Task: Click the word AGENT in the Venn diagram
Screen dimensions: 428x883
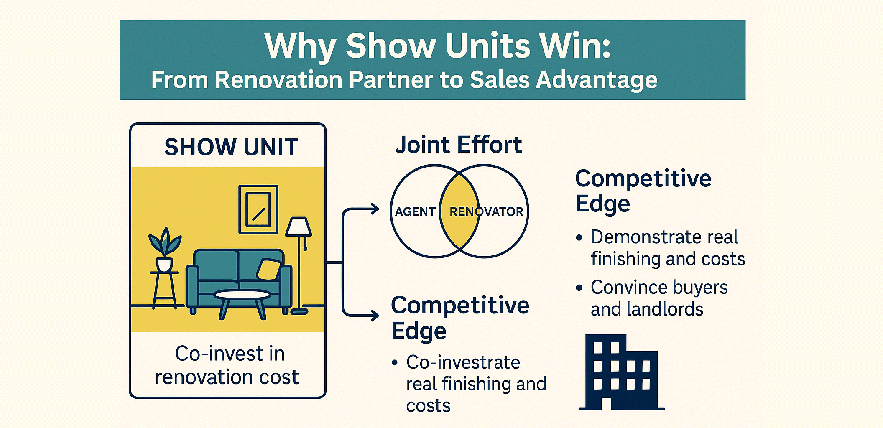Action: [415, 212]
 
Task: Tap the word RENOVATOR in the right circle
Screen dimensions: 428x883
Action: [486, 212]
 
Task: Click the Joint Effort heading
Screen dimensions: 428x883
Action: [459, 145]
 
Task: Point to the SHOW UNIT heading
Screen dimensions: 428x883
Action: [231, 147]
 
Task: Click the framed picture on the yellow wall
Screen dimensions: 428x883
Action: [258, 209]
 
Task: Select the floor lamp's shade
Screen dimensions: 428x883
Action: [298, 227]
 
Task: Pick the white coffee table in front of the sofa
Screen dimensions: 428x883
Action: [242, 296]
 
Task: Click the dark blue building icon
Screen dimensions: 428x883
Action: [621, 372]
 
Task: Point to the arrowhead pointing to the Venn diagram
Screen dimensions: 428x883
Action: [374, 209]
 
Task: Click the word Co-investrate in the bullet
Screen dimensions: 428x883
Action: [463, 362]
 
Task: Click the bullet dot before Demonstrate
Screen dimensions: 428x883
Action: [579, 238]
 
